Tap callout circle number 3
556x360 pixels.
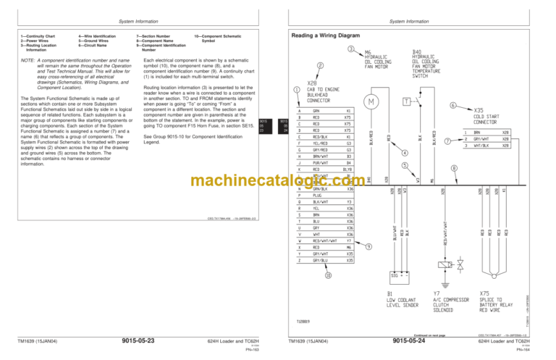(x=350, y=49)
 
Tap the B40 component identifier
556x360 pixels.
(x=417, y=52)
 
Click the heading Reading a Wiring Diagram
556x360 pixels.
(x=327, y=35)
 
